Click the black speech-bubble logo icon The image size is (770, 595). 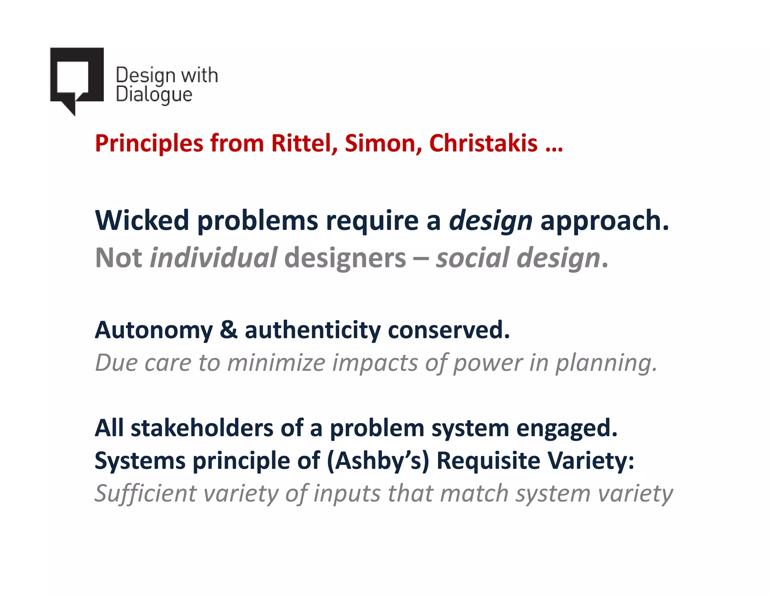pos(76,77)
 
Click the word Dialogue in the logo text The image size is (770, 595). pos(154,94)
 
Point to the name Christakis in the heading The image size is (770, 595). pos(483,143)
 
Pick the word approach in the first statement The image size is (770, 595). pos(604,221)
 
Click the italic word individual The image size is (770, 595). pos(213,258)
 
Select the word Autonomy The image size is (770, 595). pos(154,331)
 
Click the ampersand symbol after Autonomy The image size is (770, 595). pos(229,330)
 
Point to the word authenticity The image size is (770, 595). pos(312,330)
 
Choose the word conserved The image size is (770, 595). pos(449,330)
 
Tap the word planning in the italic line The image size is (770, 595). pos(606,364)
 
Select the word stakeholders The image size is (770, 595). pos(202,428)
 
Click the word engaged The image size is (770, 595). pos(567,429)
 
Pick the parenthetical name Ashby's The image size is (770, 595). pos(377,461)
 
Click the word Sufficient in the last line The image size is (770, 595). pos(146,493)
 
